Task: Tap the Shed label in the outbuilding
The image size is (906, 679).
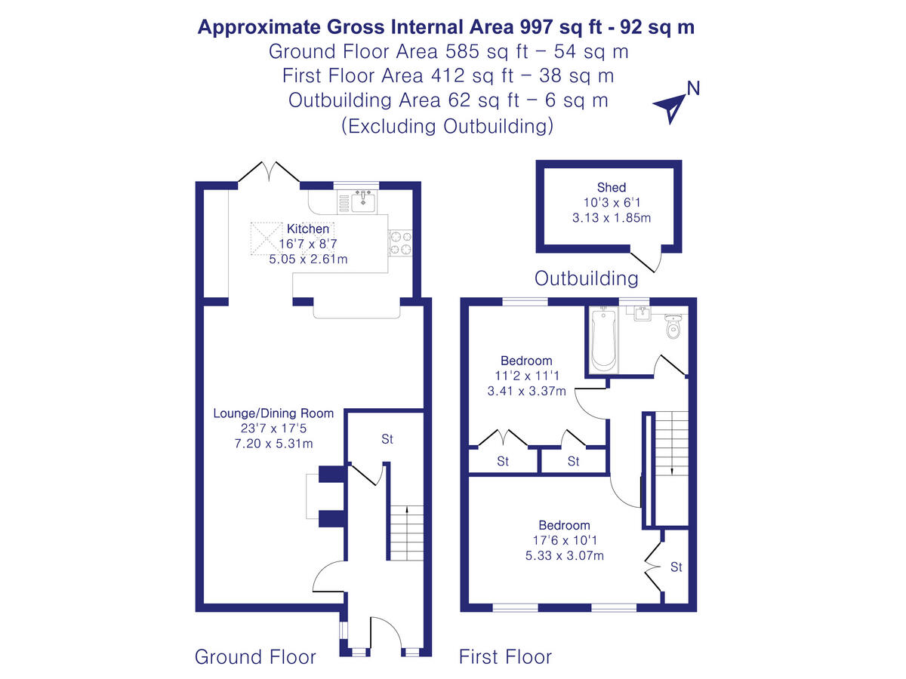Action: click(612, 188)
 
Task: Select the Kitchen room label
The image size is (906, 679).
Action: click(307, 229)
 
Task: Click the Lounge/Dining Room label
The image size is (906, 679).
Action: click(273, 413)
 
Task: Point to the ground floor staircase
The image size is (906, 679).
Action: click(406, 532)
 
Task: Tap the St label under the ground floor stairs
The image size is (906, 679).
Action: click(387, 439)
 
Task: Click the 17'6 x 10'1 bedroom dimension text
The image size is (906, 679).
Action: click(564, 540)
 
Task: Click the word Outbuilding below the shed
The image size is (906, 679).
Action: click(586, 278)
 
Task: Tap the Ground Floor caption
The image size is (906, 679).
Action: click(255, 656)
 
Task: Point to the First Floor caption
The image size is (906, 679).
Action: click(505, 656)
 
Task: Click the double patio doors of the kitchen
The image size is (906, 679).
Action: click(269, 172)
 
